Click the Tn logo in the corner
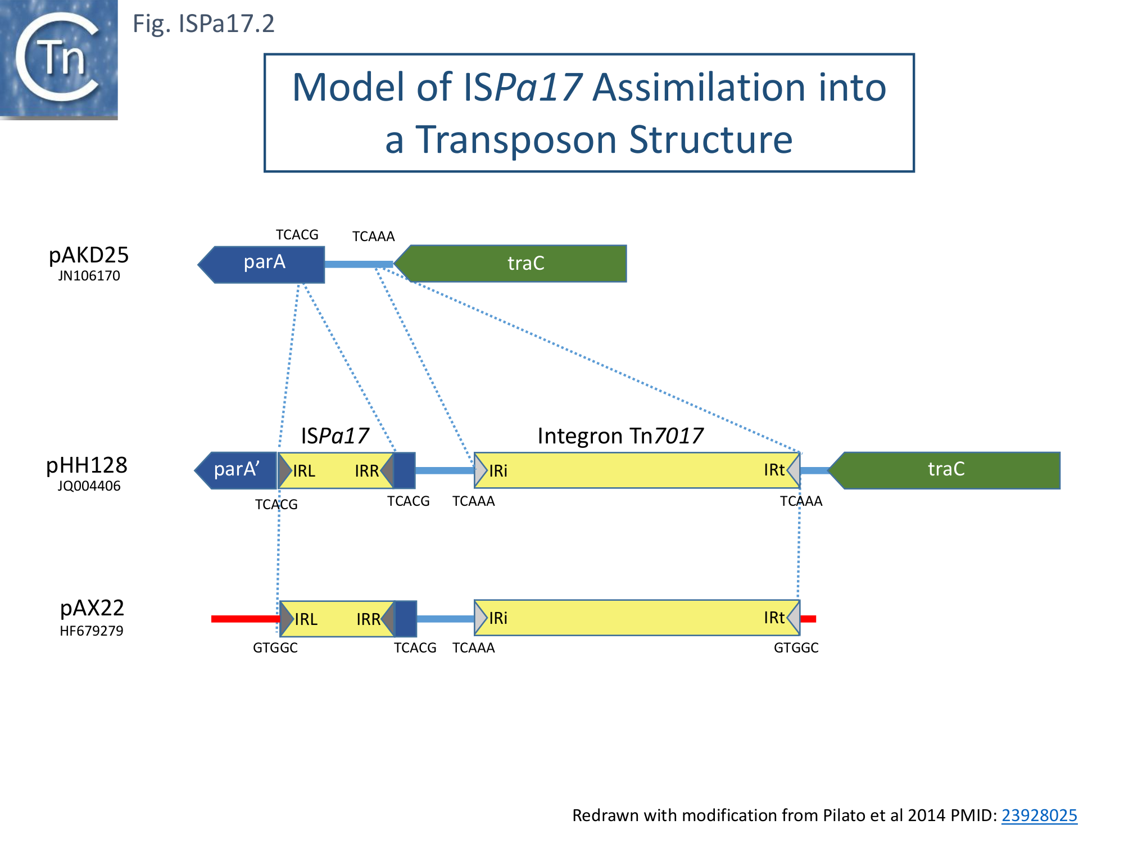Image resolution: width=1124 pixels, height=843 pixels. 58,59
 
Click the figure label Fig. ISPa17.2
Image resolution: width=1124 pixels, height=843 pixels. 203,24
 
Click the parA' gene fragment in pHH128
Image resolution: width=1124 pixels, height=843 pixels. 236,470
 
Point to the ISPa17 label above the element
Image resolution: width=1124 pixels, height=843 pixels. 335,436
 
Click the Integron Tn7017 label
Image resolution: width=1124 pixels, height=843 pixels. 620,436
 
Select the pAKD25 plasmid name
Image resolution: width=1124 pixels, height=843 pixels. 89,255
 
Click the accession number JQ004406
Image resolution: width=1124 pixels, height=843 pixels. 89,486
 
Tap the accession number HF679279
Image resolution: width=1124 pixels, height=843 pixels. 91,631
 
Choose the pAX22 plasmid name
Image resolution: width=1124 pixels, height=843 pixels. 92,608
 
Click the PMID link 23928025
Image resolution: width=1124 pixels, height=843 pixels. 1039,815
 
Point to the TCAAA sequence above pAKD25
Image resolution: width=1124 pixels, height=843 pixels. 373,237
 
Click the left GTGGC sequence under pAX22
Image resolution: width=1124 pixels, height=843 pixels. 275,648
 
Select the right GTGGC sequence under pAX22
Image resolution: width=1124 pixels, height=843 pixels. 796,648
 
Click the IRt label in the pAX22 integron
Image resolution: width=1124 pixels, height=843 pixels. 774,618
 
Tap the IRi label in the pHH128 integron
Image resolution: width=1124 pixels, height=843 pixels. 498,471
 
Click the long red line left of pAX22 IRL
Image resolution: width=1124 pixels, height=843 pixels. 245,619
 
